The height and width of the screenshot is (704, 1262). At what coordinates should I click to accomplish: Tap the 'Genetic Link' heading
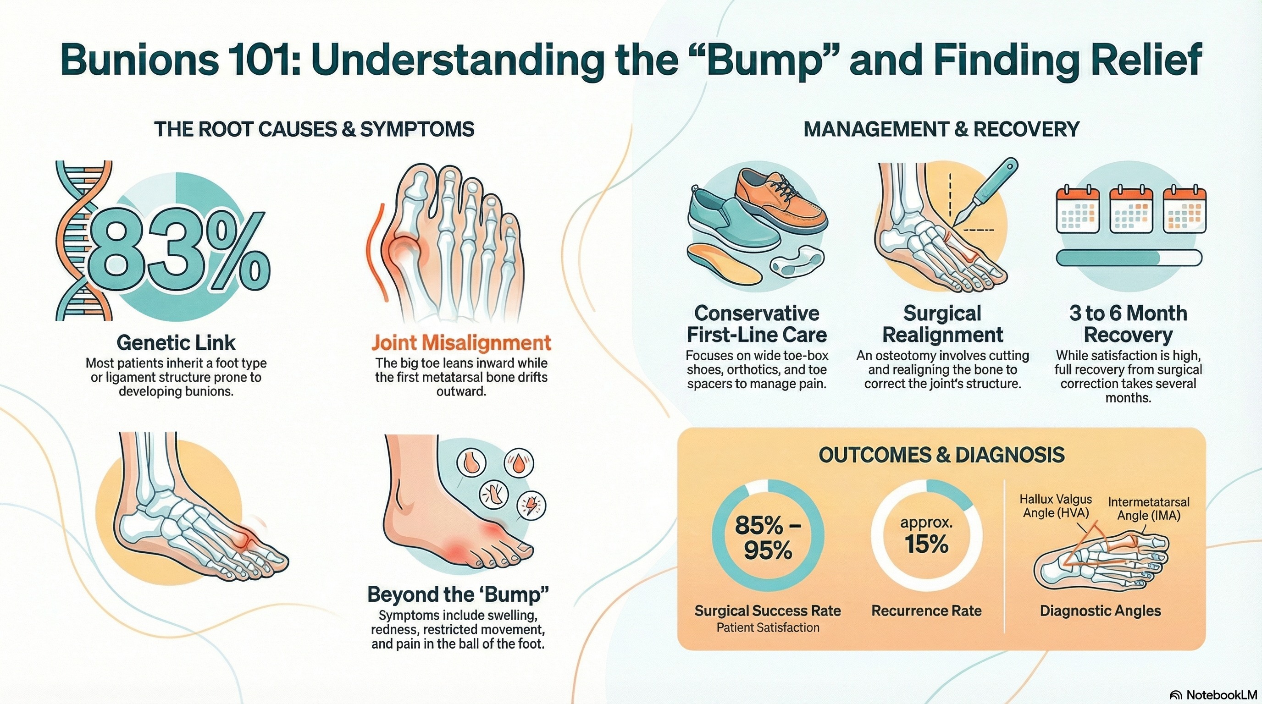(x=177, y=343)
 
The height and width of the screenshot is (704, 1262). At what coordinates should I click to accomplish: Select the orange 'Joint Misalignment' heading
(x=461, y=343)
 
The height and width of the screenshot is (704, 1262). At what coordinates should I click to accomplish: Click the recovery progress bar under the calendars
(x=1128, y=258)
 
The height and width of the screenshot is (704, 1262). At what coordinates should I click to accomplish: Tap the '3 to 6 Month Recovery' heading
(x=1128, y=324)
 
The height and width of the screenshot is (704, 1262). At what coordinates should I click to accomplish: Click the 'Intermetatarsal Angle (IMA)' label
(x=1148, y=509)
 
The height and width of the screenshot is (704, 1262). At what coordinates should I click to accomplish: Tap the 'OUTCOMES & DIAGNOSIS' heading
(x=941, y=455)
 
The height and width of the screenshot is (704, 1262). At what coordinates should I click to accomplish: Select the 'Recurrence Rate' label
(x=926, y=610)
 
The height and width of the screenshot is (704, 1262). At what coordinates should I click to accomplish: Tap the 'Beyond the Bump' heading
(x=458, y=594)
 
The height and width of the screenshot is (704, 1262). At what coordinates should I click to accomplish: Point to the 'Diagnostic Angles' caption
(x=1100, y=610)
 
